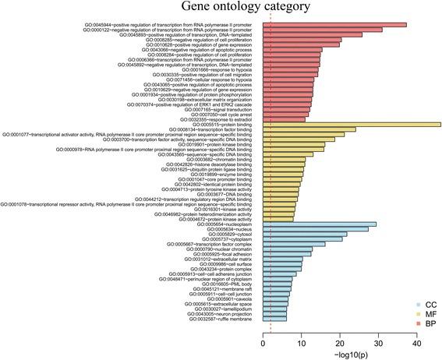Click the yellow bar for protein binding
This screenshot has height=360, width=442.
click(351, 125)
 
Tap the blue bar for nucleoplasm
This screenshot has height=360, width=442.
click(319, 203)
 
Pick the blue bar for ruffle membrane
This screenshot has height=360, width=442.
click(274, 319)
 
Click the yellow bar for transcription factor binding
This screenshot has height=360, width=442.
click(309, 130)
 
